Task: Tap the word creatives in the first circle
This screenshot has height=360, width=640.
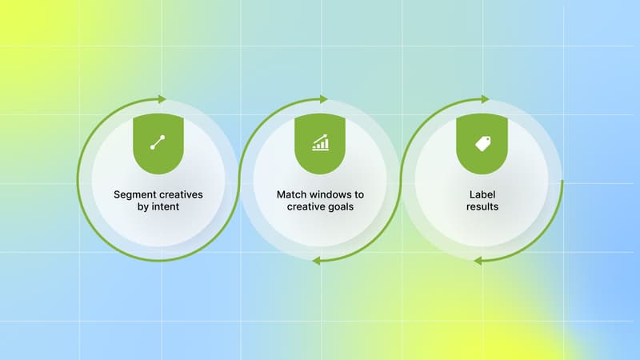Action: coord(180,194)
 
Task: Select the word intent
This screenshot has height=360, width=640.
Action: coord(165,207)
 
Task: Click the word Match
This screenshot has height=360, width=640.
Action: coord(292,194)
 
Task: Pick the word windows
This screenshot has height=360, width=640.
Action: coord(334,194)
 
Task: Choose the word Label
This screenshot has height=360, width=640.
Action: coord(482,194)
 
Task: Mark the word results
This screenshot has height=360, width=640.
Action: coord(482,207)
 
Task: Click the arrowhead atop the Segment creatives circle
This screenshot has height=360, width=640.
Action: coord(163,99)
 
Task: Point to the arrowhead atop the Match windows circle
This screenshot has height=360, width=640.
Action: coord(324,99)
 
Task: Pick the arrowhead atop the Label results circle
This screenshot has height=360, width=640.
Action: coord(486,99)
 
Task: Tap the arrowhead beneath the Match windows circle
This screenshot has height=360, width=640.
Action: coord(316,261)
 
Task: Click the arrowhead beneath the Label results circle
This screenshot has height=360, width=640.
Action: coord(478,261)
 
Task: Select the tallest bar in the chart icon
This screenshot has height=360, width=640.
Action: coord(326,142)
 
